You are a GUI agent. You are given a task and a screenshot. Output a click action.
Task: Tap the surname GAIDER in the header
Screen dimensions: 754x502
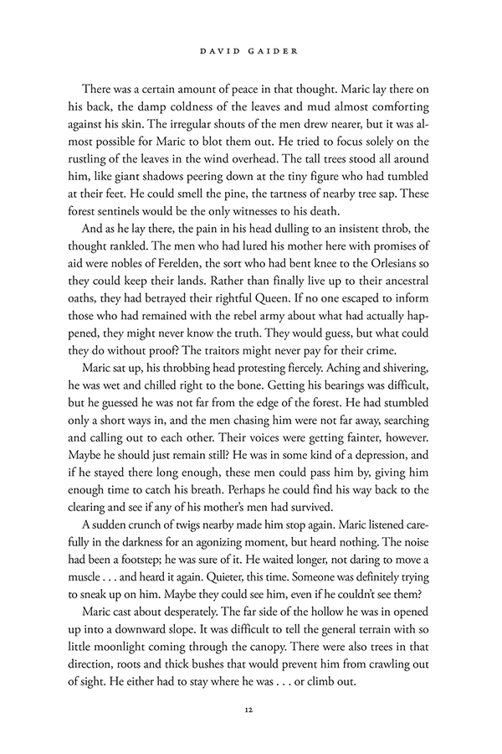pos(275,52)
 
